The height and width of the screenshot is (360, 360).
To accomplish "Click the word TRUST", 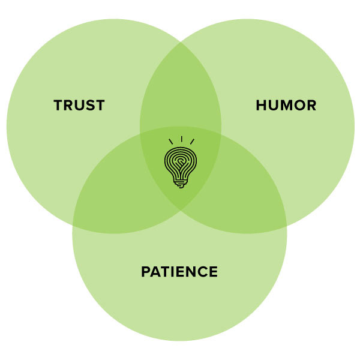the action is [79, 106].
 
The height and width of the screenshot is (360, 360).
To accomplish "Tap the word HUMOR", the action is [286, 106].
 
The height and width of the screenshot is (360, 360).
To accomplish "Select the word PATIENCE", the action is [179, 272].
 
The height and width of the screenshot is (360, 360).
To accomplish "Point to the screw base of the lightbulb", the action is [180, 184].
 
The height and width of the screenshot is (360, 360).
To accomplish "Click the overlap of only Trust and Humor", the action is [180, 90].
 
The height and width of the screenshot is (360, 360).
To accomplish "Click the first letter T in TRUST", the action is [58, 106].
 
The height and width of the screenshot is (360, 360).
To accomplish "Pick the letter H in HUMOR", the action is [261, 106].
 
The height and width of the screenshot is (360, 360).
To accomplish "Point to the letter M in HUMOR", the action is [286, 106].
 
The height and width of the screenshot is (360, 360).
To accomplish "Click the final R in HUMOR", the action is [311, 106].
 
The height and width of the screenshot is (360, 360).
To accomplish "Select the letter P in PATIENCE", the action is [146, 272].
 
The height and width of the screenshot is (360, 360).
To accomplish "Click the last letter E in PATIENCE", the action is [213, 272].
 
